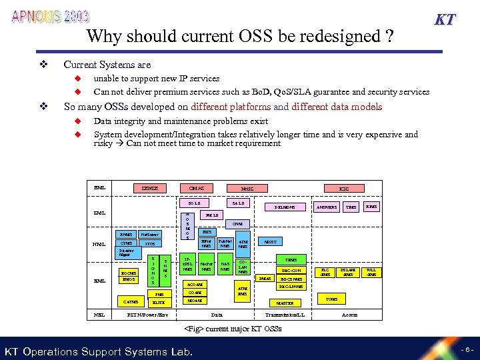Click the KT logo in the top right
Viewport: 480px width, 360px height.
pos(445,19)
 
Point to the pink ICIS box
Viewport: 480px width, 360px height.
pos(344,189)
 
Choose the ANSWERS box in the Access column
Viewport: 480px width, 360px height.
pos(325,207)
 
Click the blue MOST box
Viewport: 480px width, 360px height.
pos(271,242)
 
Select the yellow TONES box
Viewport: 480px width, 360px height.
pos(331,299)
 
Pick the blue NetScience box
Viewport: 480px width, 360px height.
pos(150,234)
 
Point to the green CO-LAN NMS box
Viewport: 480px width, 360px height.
pos(243,267)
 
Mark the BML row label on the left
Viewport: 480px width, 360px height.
pos(100,188)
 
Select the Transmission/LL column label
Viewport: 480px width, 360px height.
pos(285,315)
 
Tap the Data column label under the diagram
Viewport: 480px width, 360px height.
pos(217,315)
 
